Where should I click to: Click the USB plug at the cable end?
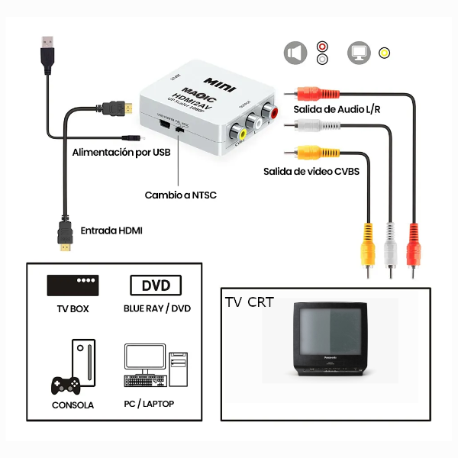click(x=47, y=51)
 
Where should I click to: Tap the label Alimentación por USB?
click(x=120, y=153)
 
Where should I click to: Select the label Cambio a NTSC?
click(x=180, y=195)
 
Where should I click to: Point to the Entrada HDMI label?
click(x=111, y=230)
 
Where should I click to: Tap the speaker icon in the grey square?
click(x=295, y=53)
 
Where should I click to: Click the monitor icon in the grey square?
click(x=358, y=53)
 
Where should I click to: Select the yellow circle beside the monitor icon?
click(x=384, y=53)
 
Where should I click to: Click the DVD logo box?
click(x=156, y=285)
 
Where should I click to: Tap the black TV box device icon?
click(x=73, y=285)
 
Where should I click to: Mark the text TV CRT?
click(x=249, y=302)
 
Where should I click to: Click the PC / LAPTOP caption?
click(x=148, y=403)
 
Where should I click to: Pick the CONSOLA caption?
click(x=73, y=405)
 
